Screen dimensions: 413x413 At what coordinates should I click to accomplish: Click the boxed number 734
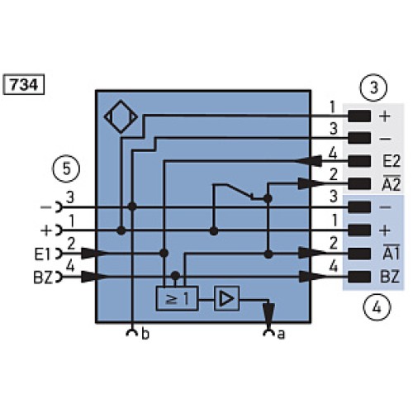coord(23,84)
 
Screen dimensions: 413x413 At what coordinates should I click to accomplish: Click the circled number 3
coord(373,88)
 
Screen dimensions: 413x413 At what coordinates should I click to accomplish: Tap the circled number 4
coord(377,307)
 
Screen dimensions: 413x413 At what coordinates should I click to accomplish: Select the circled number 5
coord(66,169)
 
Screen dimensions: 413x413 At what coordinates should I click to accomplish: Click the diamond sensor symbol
coord(121,116)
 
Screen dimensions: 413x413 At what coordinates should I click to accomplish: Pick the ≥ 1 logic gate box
coord(177,299)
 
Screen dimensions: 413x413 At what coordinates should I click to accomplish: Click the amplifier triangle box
coord(226,299)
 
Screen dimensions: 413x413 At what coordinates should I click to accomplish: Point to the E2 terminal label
coord(391,161)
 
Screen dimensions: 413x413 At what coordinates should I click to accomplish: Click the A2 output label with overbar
coord(391,183)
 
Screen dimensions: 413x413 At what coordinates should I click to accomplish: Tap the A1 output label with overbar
coord(391,252)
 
